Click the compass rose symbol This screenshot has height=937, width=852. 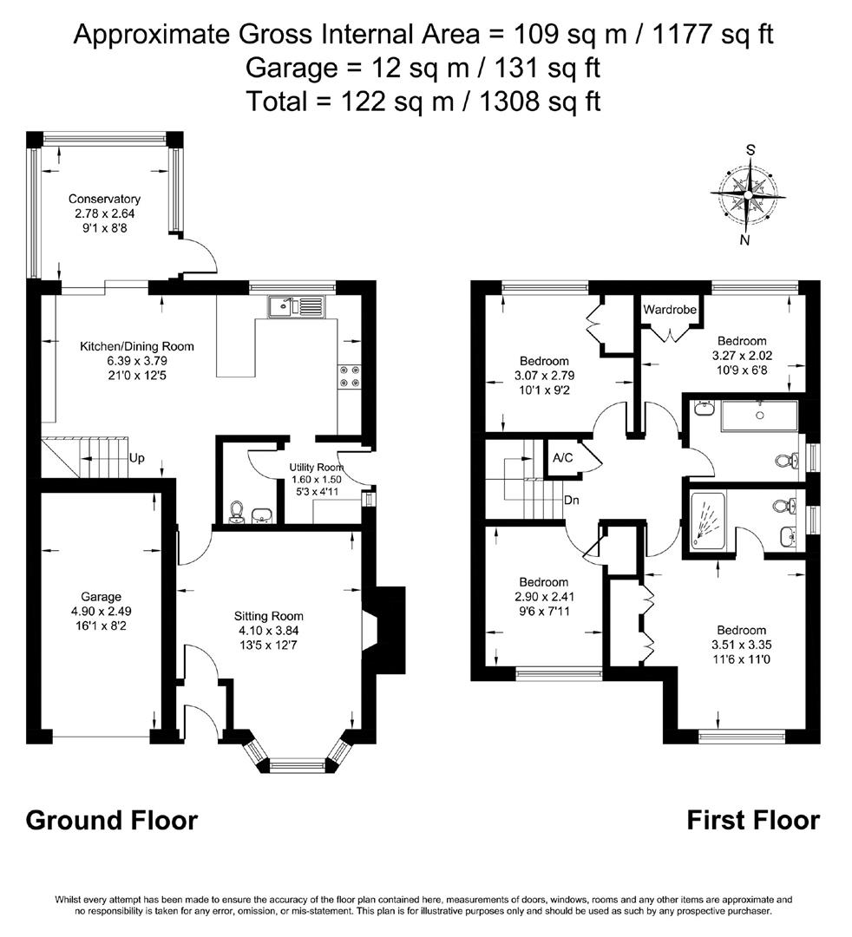(748, 195)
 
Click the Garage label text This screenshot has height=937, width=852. (102, 597)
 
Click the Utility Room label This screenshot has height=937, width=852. (318, 468)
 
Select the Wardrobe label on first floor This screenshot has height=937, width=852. (671, 310)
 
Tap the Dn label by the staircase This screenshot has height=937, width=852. (572, 501)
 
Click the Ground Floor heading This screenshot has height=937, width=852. (112, 820)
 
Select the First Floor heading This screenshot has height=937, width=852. (753, 820)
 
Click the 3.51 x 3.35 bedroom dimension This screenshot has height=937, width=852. (741, 645)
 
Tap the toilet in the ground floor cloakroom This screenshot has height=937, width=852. (236, 514)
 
